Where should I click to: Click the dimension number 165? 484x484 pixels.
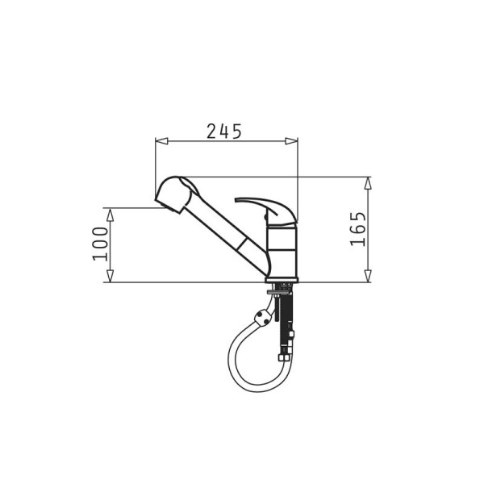[358, 230]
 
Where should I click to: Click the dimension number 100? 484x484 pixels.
[100, 244]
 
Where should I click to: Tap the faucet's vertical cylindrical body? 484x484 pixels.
[281, 250]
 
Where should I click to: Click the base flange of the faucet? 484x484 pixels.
[281, 280]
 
